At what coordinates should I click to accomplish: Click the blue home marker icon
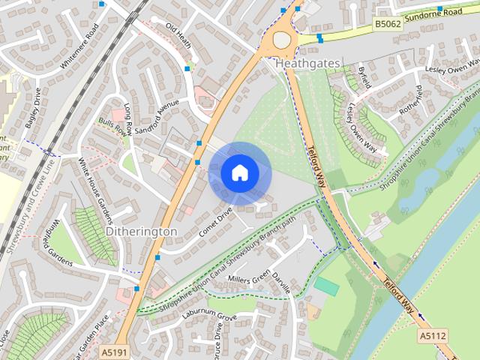pyautogui.click(x=239, y=173)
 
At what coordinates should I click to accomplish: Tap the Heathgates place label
pyautogui.click(x=307, y=64)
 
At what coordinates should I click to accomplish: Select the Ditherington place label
pyautogui.click(x=142, y=232)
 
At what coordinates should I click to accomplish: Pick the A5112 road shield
pyautogui.click(x=432, y=336)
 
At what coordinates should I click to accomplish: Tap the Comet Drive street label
pyautogui.click(x=216, y=222)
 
